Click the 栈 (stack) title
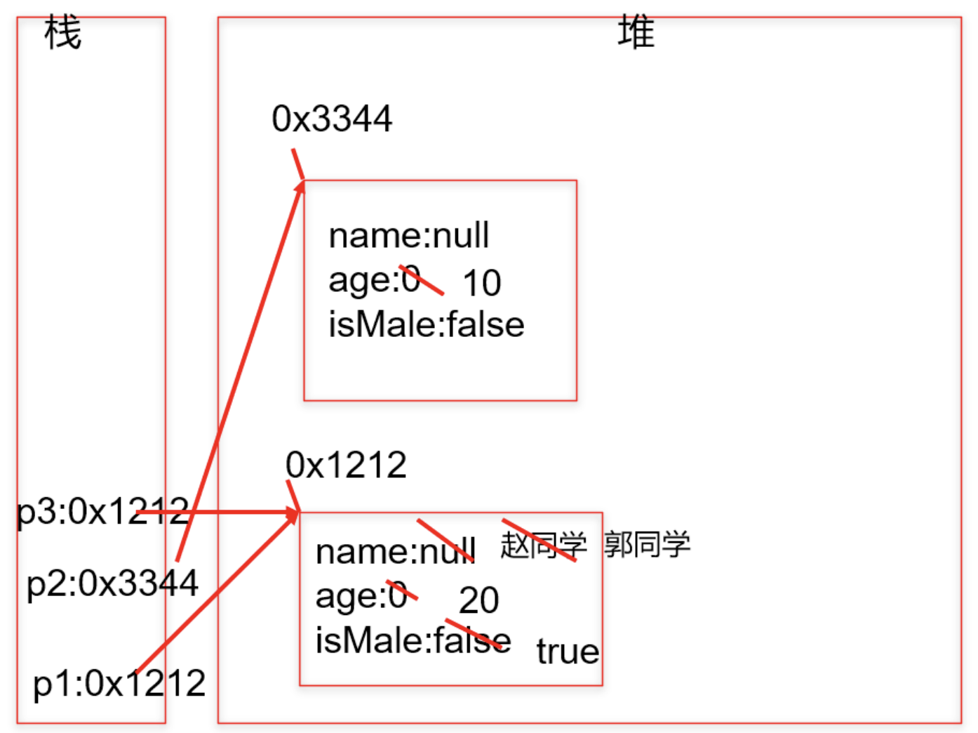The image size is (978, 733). point(62,33)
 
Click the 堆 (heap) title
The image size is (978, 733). point(636,33)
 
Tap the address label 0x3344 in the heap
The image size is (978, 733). point(332,119)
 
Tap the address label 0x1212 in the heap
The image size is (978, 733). point(346,465)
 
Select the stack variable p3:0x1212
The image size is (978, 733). point(103,511)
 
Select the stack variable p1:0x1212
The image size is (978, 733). point(119,683)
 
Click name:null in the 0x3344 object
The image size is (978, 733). point(408,236)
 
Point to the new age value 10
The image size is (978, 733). point(481,284)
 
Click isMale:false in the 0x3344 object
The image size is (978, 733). point(426,325)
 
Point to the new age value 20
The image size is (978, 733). point(478,600)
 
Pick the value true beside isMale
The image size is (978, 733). point(568,652)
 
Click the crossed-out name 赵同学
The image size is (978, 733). point(543,545)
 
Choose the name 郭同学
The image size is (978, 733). point(647,545)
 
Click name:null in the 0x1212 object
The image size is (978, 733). point(396,552)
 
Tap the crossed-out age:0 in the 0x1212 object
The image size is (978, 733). point(362,596)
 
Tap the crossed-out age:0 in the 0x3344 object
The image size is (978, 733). point(375,280)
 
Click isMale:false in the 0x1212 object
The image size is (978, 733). point(413,640)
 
